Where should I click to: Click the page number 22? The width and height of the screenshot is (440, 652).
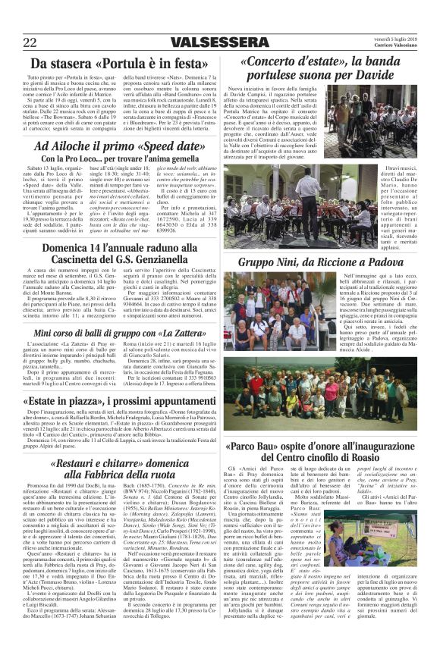click(30, 42)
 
